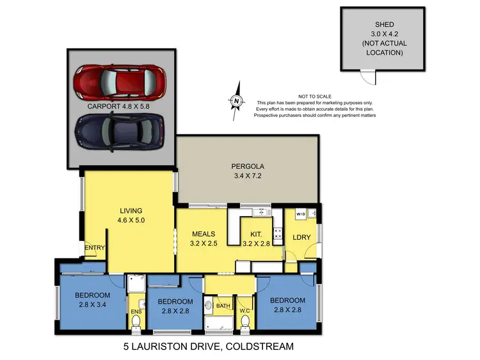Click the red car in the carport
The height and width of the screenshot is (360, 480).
[x=120, y=81]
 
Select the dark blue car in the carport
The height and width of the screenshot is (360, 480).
[x=120, y=131]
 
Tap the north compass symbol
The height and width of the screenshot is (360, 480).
[x=237, y=99]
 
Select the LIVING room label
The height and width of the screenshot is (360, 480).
[x=131, y=210]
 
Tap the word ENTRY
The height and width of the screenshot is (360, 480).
[x=95, y=248]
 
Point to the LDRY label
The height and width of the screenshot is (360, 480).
[x=301, y=237]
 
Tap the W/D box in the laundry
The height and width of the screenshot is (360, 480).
[x=300, y=214]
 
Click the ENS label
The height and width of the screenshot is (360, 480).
[x=136, y=311]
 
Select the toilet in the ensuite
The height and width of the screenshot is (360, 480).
[x=136, y=325]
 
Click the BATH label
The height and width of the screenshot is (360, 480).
[x=222, y=306]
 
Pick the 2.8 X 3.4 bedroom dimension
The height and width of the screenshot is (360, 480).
[x=92, y=305]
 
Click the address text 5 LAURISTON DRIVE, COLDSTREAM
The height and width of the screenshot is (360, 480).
[x=208, y=347]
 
